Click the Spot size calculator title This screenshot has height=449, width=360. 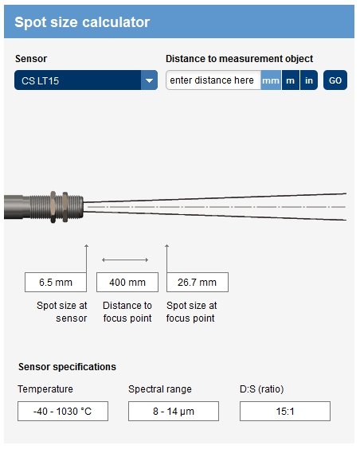82,22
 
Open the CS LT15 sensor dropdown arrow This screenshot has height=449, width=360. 149,80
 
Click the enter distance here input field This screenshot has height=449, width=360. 213,80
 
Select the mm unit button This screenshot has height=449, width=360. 271,80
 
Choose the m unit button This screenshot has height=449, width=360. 291,80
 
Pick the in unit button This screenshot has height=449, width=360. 309,80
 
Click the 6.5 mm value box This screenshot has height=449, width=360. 56,283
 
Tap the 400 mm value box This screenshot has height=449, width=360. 127,283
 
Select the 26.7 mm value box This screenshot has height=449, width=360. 198,283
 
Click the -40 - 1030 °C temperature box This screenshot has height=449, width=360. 63,412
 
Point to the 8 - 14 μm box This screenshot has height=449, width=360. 174,412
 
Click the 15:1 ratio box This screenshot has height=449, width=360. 285,412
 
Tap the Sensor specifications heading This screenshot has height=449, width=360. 68,367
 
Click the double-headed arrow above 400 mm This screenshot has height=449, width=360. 125,260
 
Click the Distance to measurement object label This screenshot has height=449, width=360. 240,59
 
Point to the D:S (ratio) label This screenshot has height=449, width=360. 262,389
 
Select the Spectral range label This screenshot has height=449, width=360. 160,389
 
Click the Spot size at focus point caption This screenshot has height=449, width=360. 192,312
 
